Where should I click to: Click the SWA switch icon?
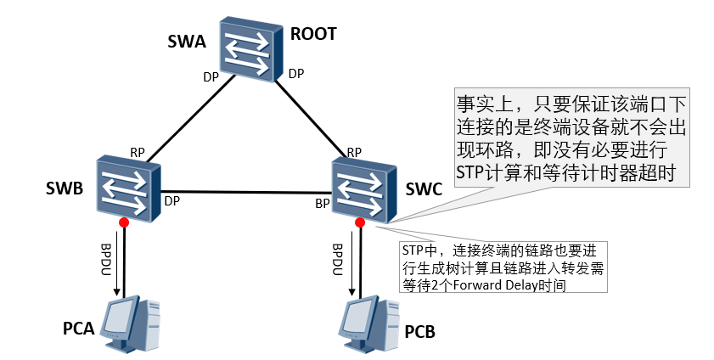point(248,48)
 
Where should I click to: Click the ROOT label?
point(313,34)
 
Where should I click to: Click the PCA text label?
point(78,328)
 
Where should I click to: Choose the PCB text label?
point(419,330)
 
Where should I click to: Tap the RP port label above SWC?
point(354,153)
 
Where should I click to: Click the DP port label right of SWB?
point(171,201)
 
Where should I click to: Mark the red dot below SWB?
point(124,222)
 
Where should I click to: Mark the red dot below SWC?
point(359,222)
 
